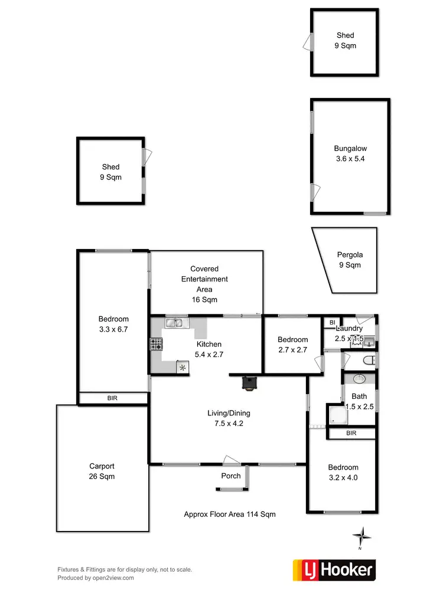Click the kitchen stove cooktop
coord(156,344)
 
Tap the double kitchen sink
coord(175,323)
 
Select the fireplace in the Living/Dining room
coord(249,383)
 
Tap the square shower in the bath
coord(336,415)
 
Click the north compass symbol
coord(361,536)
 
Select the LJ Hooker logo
coord(334,569)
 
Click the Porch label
coord(231,476)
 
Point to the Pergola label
coord(350,260)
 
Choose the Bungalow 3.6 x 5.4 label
coord(350,153)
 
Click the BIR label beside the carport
coord(112,398)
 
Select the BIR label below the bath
coord(351,434)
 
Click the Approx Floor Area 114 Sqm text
coord(230,514)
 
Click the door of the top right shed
coord(307,41)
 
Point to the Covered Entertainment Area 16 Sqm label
coord(204,284)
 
